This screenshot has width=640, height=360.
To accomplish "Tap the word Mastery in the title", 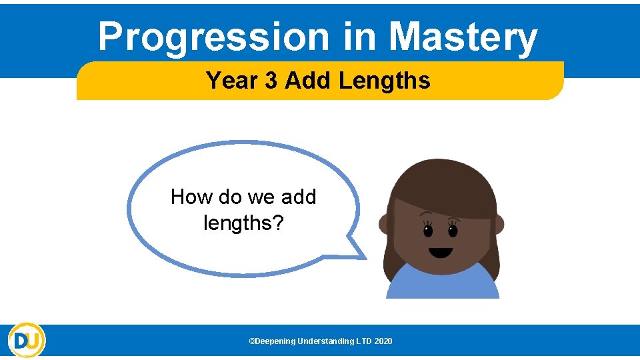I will click(463, 37).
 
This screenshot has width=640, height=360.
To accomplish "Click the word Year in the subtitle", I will click(231, 81).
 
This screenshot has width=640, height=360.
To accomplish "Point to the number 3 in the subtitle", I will click(271, 81).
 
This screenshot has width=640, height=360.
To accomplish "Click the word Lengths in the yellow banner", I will click(384, 81).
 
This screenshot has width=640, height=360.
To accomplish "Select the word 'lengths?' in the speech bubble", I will click(243, 223).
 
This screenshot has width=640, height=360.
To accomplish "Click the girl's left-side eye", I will click(427, 231).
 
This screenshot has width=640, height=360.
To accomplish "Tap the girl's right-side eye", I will click(453, 231).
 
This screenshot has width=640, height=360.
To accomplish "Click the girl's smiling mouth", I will click(440, 253).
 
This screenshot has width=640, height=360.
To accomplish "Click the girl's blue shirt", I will click(443, 283).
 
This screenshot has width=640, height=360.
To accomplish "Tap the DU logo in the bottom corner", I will click(27, 340).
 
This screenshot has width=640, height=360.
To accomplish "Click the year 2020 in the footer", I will click(383, 341).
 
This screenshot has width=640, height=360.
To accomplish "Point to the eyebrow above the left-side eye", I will click(427, 215).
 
